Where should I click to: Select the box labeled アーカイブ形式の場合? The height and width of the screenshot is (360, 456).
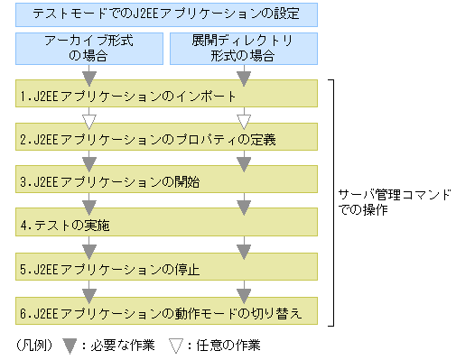pyautogui.click(x=88, y=49)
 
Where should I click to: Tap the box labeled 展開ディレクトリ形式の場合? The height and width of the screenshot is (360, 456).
pyautogui.click(x=244, y=49)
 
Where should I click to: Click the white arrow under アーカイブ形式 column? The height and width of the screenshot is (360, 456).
pyautogui.click(x=88, y=119)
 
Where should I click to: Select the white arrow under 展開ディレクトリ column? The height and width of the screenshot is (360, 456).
pyautogui.click(x=244, y=119)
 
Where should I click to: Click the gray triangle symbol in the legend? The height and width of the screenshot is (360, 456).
pyautogui.click(x=69, y=344)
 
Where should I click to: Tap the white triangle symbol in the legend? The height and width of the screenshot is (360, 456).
pyautogui.click(x=176, y=344)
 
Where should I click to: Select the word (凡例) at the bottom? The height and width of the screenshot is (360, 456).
pyautogui.click(x=34, y=345)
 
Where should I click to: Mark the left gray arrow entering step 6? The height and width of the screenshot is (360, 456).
pyautogui.click(x=88, y=292)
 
